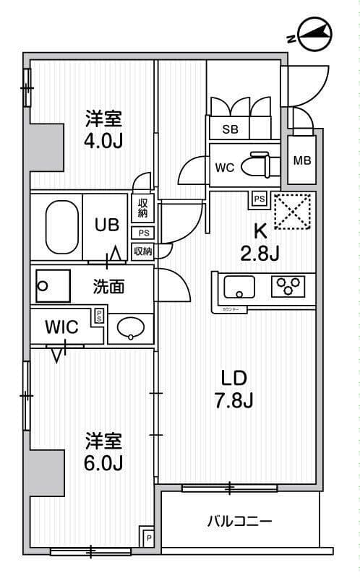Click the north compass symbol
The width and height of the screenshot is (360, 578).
coord(316,34)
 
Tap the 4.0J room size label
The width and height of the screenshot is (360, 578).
coord(103,129)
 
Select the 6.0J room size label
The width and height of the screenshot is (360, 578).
coord(103,452)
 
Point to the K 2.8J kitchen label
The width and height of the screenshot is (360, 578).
coord(260,243)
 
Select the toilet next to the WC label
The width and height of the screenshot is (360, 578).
coord(257,166)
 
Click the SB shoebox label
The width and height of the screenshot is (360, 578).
coord(230,129)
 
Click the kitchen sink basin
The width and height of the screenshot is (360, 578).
coord(239,288)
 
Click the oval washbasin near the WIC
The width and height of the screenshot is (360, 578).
coord(132,328)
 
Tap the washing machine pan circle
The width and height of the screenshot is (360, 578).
coord(43,285)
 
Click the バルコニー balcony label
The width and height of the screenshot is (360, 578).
coord(240,521)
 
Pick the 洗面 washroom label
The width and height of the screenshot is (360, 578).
coord(108,287)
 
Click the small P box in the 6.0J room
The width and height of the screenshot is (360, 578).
coord(148,538)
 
